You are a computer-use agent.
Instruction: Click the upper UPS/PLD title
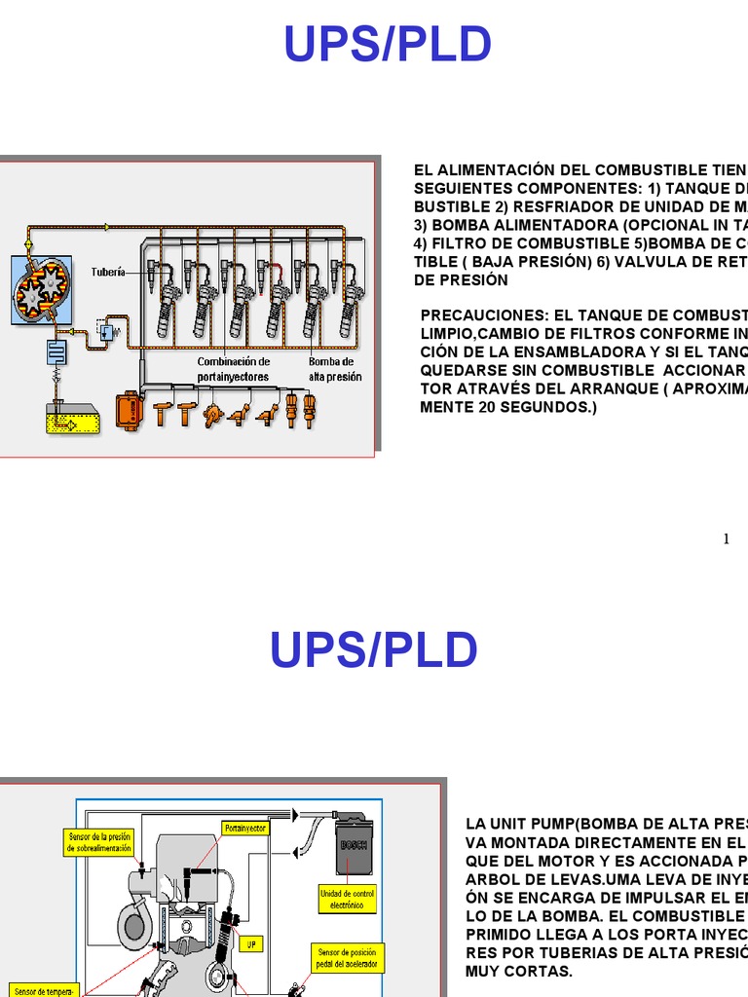[x=388, y=45]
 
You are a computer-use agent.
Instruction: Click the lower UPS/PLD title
[x=374, y=649]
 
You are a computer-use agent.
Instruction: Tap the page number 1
[x=727, y=539]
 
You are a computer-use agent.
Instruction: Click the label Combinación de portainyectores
[x=233, y=368]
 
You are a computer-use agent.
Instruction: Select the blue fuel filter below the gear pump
[x=56, y=351]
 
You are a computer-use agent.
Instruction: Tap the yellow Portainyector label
[x=244, y=829]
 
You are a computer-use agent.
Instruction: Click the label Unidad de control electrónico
[x=347, y=899]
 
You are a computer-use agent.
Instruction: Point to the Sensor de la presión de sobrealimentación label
[x=99, y=842]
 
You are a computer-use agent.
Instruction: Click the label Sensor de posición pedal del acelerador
[x=347, y=957]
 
